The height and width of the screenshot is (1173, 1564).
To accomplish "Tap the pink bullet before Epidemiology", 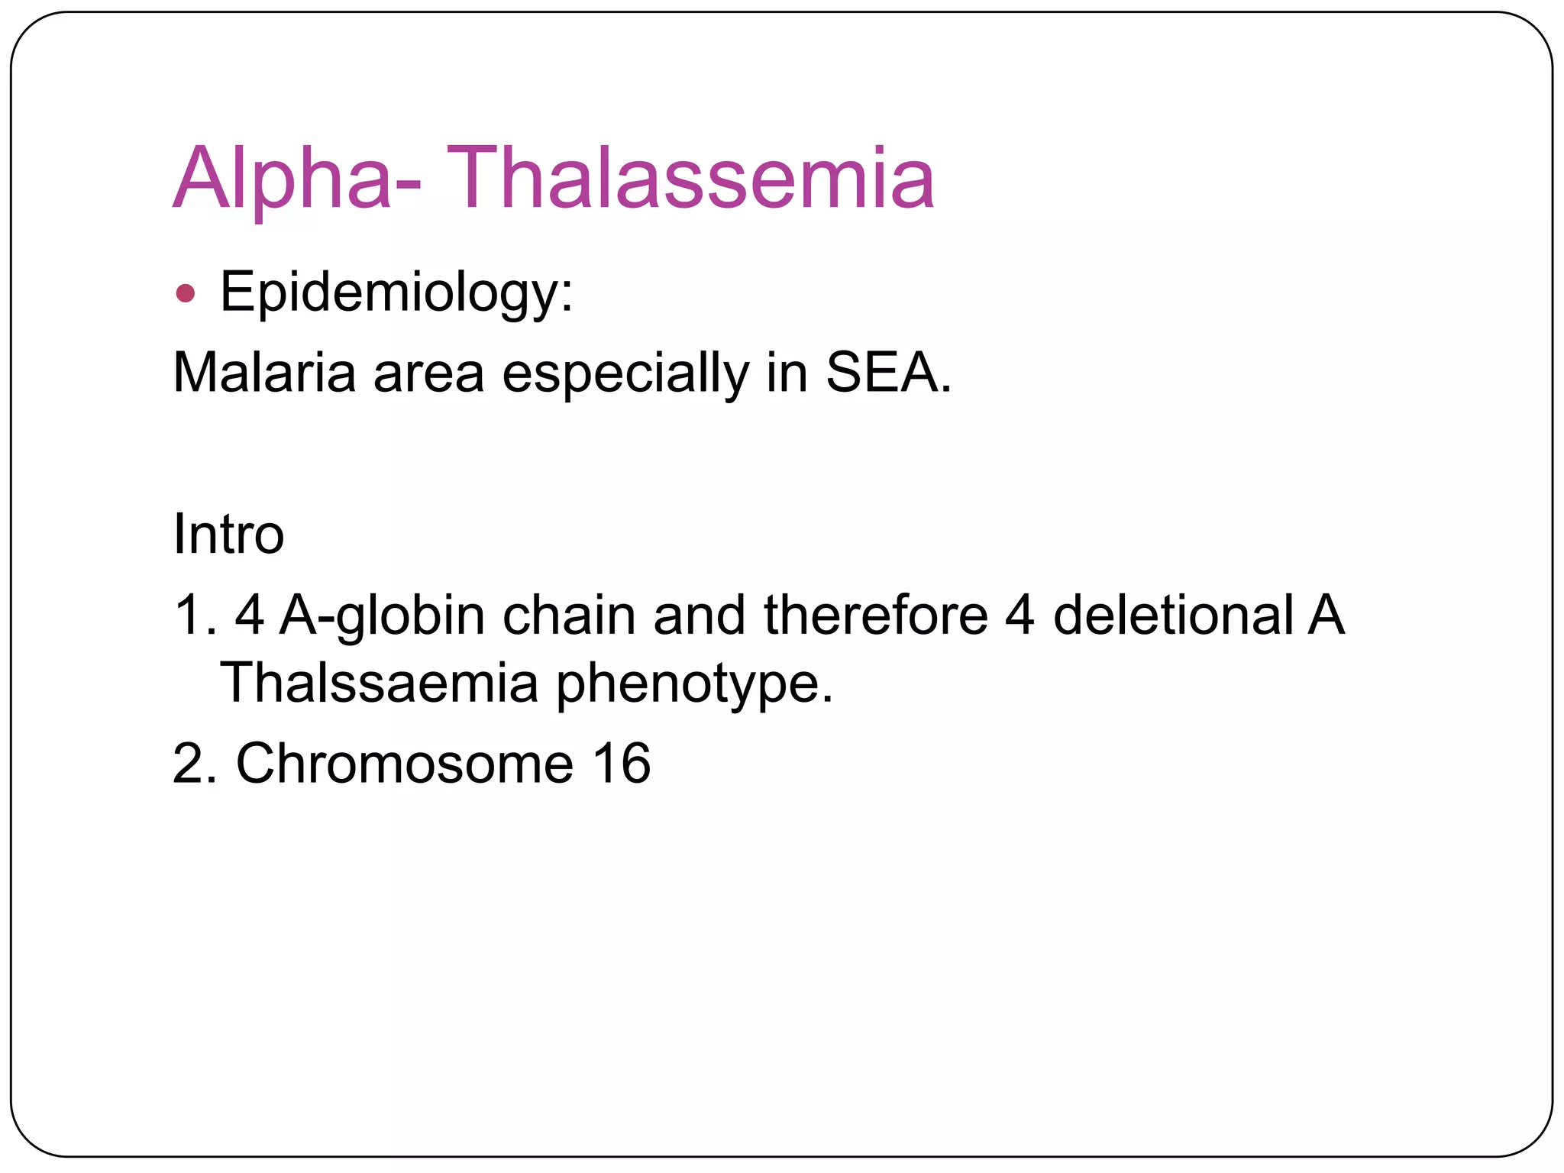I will (x=185, y=293).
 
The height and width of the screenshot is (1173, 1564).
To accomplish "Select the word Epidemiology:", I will (x=396, y=293).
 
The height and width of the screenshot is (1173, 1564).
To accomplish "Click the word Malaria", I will (x=264, y=373).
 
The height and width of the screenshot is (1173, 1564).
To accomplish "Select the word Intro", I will (x=228, y=534).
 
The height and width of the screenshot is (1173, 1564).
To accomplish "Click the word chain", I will (x=569, y=616).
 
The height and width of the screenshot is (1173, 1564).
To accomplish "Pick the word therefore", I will (x=875, y=616).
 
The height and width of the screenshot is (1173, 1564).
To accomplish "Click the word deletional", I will (x=1174, y=616).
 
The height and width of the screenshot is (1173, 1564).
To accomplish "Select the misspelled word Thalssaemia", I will (x=379, y=683).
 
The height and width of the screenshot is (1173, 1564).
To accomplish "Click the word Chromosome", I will (x=405, y=764).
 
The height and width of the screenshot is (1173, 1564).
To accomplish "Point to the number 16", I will (x=622, y=764).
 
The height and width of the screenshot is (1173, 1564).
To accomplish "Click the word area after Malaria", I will (x=428, y=373).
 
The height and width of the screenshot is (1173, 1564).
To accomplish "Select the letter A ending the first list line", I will (x=1326, y=616).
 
